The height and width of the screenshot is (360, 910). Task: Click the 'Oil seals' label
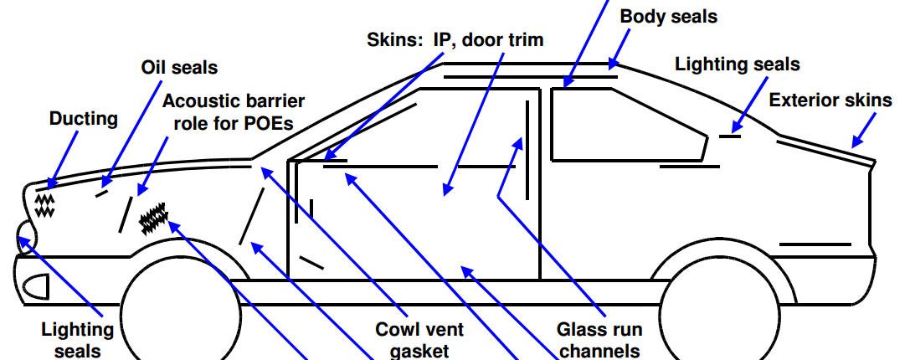tap(179, 67)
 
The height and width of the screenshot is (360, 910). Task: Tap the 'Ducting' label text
tap(84, 118)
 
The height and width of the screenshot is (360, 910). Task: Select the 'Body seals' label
tap(669, 16)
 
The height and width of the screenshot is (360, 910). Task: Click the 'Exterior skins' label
tap(830, 100)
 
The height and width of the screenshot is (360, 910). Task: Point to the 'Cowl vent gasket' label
tap(419, 340)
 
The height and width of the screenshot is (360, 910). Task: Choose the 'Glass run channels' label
tap(599, 340)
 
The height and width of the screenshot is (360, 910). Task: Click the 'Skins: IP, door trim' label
tap(455, 39)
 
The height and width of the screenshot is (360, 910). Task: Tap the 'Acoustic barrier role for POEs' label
tap(234, 111)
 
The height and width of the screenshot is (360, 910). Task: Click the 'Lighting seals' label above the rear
tap(737, 64)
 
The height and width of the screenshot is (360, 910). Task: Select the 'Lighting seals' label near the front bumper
tap(77, 340)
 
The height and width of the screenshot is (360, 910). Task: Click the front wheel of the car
tap(180, 314)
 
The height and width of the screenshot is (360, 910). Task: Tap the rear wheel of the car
tap(720, 314)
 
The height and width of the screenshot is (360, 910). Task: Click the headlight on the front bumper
tap(36, 287)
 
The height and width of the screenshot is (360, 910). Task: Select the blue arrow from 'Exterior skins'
tap(863, 130)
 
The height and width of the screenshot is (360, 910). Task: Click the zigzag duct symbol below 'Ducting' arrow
tap(44, 206)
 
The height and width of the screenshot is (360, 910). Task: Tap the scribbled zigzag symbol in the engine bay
tap(154, 219)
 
